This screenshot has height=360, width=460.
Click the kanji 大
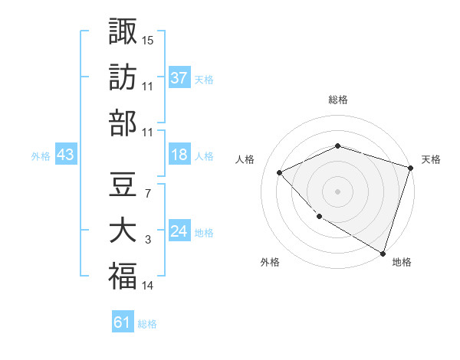click(123, 231)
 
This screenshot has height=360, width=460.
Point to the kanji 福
click(123, 277)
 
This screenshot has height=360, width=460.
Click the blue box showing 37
click(179, 77)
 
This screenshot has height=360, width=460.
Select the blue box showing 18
click(179, 155)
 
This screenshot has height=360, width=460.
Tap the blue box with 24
click(179, 232)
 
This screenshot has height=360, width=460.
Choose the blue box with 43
click(65, 155)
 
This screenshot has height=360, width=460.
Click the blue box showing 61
click(123, 322)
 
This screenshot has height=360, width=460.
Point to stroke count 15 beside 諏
click(148, 40)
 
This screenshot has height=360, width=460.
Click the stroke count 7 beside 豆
click(147, 192)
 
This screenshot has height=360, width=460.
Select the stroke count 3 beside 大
click(147, 241)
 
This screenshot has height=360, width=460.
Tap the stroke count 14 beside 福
click(148, 286)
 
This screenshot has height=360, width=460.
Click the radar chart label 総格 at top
click(338, 100)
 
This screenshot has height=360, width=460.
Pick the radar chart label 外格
click(270, 262)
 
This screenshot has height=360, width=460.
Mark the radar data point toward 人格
click(280, 173)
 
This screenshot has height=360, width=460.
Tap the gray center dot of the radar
click(338, 191)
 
